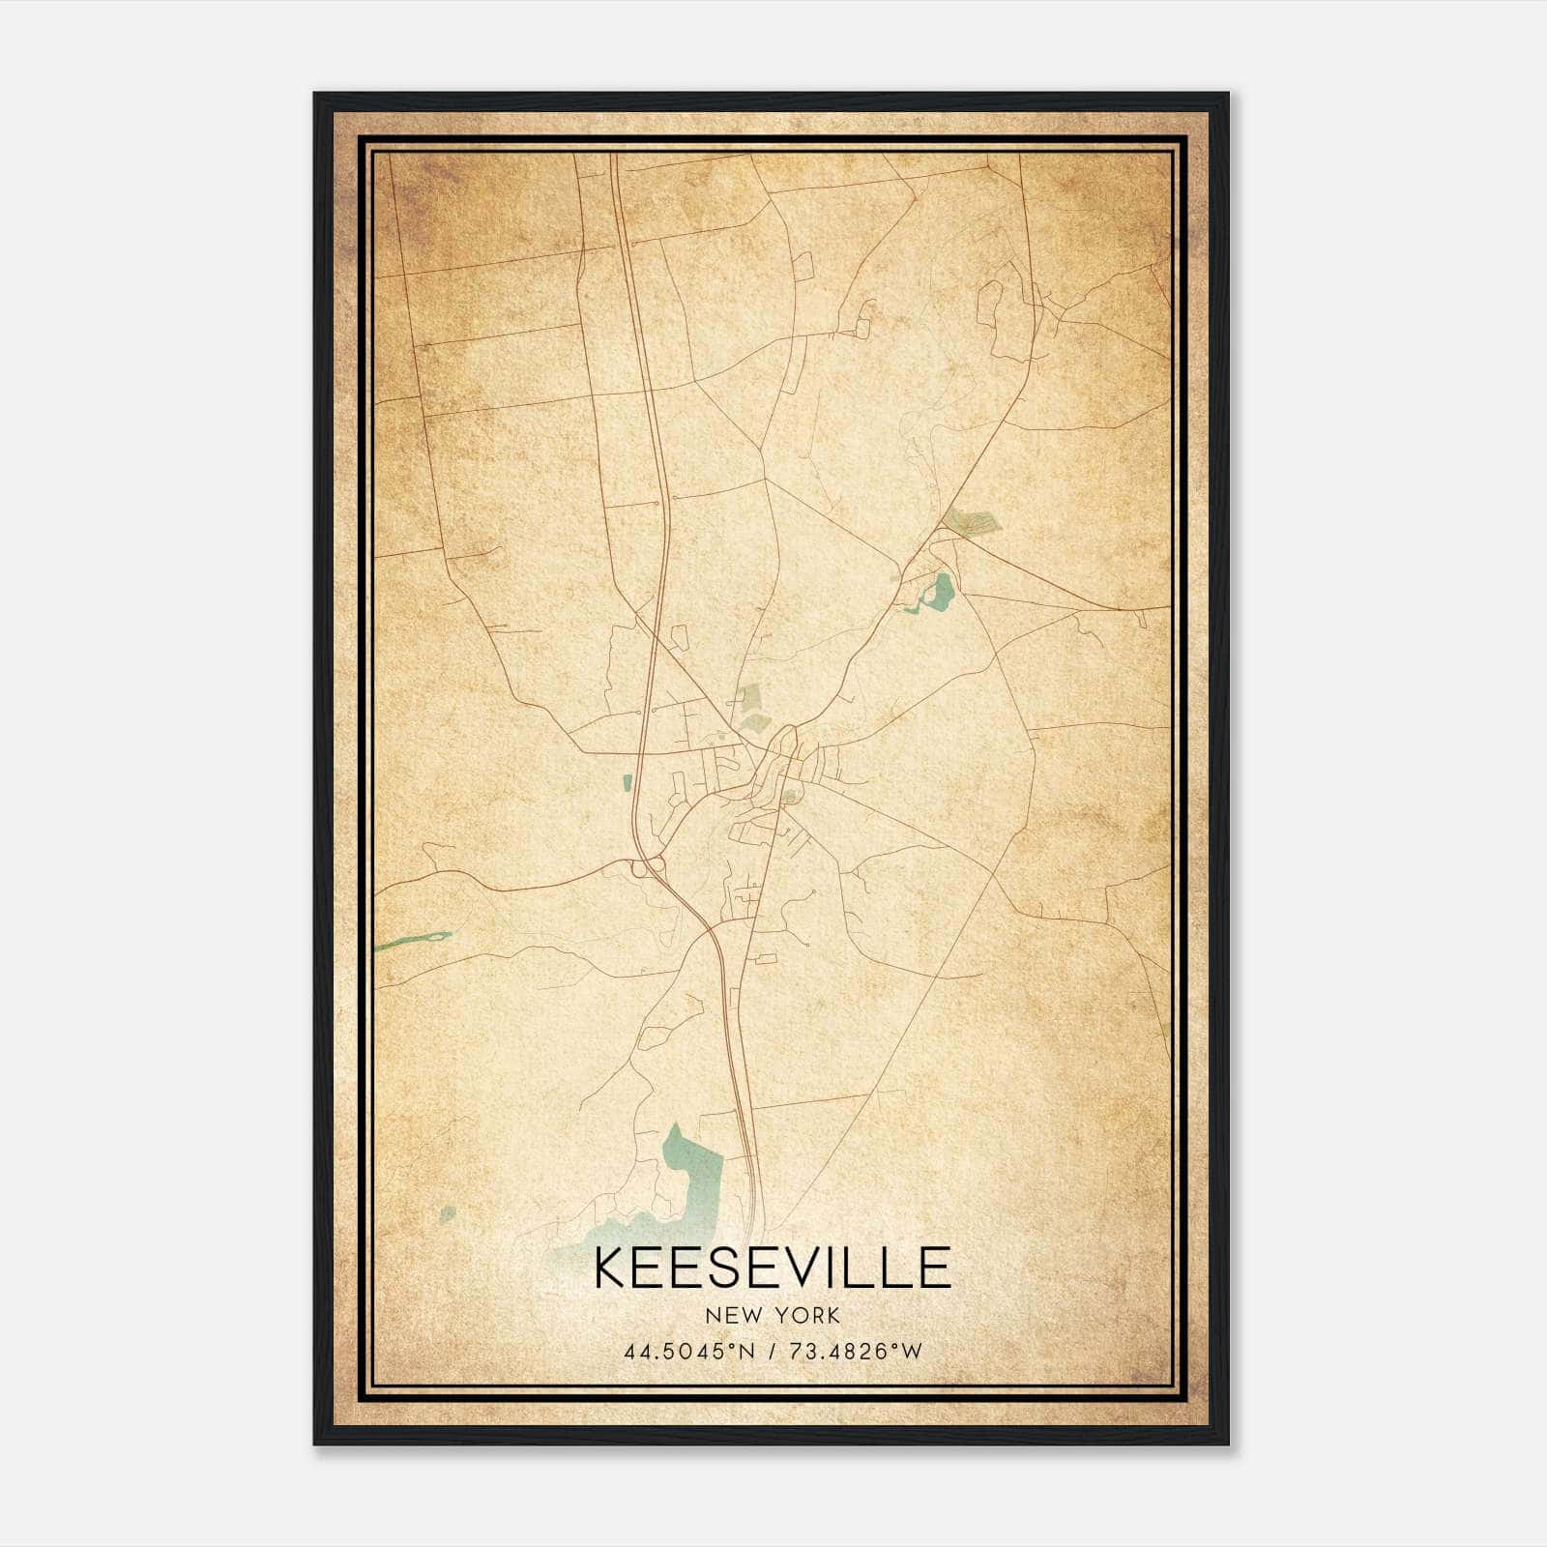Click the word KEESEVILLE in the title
click(x=772, y=1268)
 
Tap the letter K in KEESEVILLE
click(x=612, y=1268)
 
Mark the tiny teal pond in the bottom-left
click(x=447, y=1212)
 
